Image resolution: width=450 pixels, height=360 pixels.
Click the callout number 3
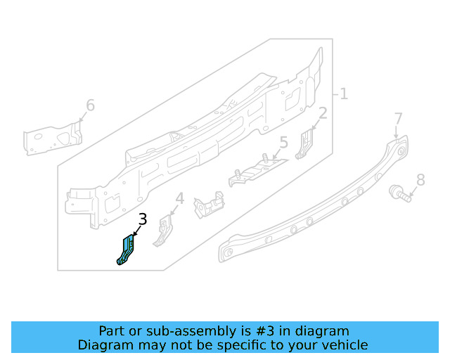point(143,219)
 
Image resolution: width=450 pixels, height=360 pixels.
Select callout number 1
point(344,94)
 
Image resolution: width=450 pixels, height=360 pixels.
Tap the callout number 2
point(323,113)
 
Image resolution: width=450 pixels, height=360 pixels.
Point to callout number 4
point(179,199)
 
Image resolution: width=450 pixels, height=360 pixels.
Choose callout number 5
point(283,143)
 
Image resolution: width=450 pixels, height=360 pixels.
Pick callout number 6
point(90,105)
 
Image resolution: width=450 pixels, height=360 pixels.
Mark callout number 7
point(398,118)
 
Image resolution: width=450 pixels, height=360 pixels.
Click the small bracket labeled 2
point(305,143)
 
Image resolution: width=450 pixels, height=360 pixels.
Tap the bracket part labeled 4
point(164,230)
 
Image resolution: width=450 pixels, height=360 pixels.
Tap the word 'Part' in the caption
point(112,330)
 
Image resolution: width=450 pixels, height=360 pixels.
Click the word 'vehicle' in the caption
point(344,345)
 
